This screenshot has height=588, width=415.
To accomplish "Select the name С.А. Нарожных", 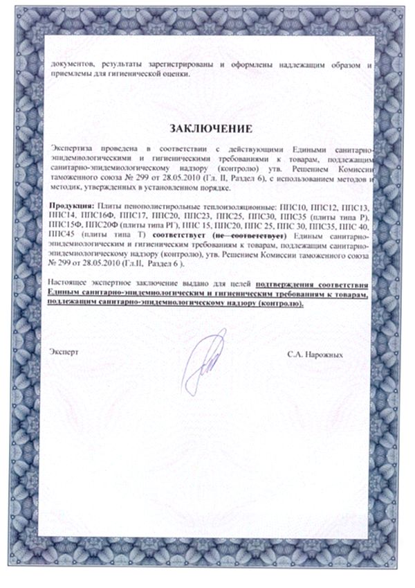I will (315, 353).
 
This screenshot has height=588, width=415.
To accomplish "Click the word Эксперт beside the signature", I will (64, 352).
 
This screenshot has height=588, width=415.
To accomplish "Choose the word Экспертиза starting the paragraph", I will (75, 150).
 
